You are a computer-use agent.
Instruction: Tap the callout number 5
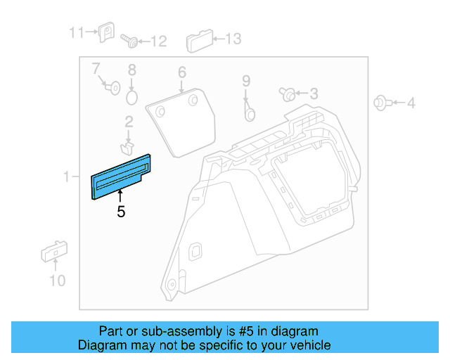point(121,211)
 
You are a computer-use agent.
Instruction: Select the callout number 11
point(75,32)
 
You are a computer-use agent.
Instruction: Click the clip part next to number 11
point(107,32)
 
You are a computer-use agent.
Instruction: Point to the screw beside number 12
point(129,40)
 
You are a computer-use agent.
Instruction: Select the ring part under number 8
point(131,95)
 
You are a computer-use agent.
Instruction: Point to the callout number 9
point(246,81)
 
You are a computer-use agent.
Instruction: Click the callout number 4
point(411,103)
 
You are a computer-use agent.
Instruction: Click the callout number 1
point(66,177)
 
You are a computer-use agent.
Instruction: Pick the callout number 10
point(57,281)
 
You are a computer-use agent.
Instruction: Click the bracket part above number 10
point(53,251)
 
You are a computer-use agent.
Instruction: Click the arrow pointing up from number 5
point(120,196)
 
